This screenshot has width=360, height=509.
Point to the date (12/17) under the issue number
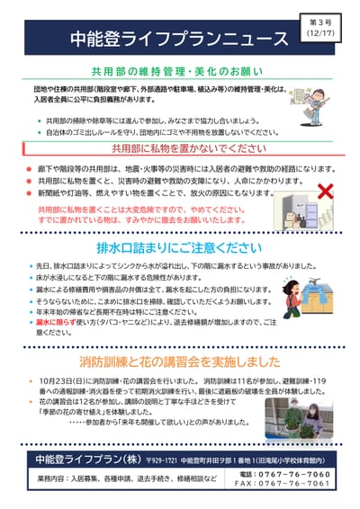(320, 33)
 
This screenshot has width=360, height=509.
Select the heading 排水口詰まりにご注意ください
(180, 246)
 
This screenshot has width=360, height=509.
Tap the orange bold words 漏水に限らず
(55, 320)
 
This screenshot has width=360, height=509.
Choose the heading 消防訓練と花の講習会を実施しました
(180, 362)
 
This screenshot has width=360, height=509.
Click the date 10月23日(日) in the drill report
(65, 382)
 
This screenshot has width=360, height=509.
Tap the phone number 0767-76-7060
(292, 473)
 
